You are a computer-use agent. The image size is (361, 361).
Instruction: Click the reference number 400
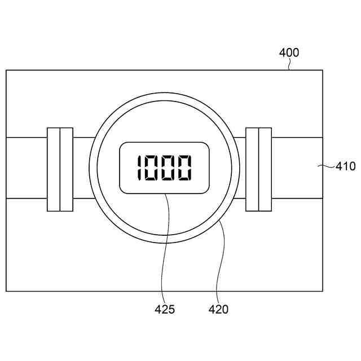[x=289, y=52]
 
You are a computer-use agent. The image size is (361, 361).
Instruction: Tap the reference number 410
[x=345, y=166]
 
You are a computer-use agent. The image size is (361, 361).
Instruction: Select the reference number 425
[x=165, y=309]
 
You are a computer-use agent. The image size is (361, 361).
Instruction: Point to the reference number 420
[x=218, y=309]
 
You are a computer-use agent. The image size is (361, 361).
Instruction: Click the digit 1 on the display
[x=139, y=168]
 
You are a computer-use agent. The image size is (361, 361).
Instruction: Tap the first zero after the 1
[x=152, y=168]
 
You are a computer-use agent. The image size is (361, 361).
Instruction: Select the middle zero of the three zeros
[x=168, y=168]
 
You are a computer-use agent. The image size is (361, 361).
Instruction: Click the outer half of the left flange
[x=54, y=169]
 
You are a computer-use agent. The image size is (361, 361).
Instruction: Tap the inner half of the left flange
[x=67, y=169]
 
